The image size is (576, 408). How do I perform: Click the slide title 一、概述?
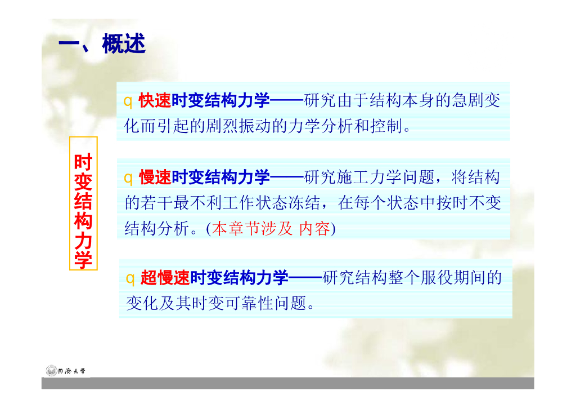point(102,45)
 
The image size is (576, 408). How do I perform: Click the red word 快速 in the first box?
point(155,101)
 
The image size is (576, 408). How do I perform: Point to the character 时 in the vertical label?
point(83,162)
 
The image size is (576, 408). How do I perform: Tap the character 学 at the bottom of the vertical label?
point(83,260)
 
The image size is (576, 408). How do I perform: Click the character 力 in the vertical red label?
point(83,241)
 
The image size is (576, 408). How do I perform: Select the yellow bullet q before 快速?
point(128,101)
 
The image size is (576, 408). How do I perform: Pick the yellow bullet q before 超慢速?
point(130,278)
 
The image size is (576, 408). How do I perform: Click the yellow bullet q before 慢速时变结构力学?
point(128,179)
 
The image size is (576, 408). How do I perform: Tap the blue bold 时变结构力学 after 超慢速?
point(239,278)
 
